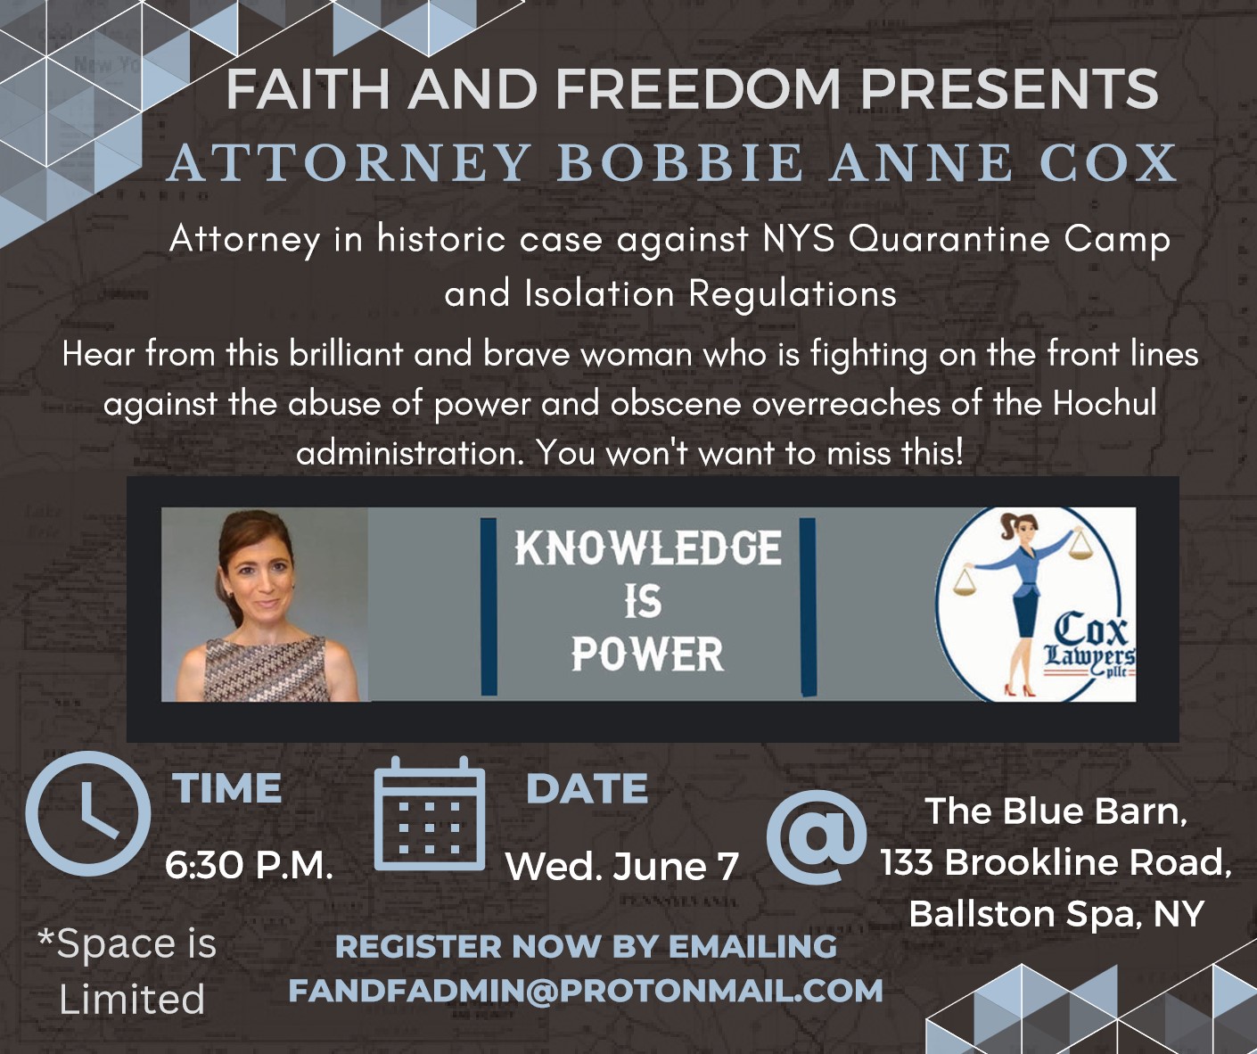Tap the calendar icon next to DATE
[429, 814]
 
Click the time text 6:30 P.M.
[250, 866]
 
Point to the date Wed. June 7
[622, 866]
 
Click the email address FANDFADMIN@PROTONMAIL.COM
[586, 990]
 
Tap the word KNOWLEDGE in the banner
[648, 548]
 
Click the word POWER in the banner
[647, 655]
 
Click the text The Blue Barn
[1056, 811]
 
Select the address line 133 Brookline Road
[1056, 862]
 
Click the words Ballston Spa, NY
[1056, 914]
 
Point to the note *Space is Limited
[127, 971]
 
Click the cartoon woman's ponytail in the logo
[1006, 526]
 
